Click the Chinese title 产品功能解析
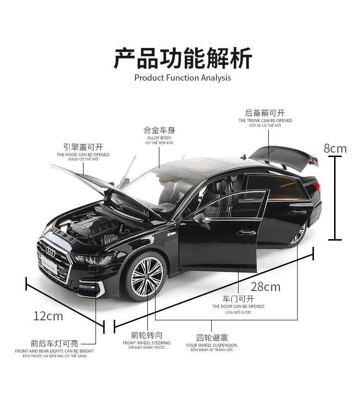pos(183,58)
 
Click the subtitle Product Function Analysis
pos(182,78)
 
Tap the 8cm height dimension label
pos(335,148)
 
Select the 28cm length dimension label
pos(265,287)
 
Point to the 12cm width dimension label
pos(48,316)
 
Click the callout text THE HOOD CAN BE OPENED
pos(83,155)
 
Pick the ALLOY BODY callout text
pos(159,138)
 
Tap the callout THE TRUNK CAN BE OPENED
pos(265,121)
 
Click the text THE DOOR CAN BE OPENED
pos(238,306)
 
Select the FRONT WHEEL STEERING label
pos(146,343)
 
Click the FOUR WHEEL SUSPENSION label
pos(212,345)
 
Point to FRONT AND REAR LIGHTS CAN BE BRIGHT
pos(54,351)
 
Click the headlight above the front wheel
pos(94,260)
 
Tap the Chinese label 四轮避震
pos(212,338)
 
